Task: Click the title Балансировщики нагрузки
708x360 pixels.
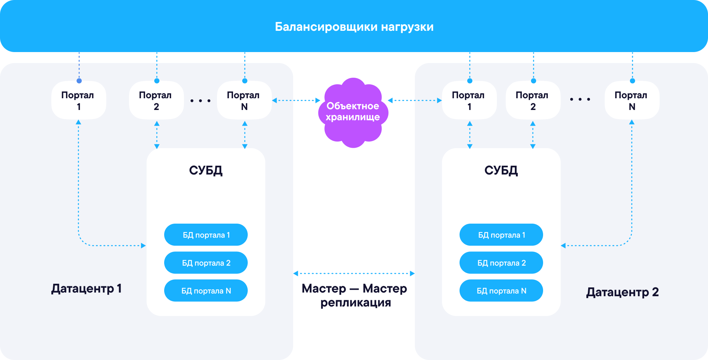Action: click(x=354, y=27)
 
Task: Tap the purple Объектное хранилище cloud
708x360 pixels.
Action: click(x=353, y=112)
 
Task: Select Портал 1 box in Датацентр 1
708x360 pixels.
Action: click(x=78, y=100)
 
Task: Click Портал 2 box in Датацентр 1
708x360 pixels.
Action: click(x=156, y=100)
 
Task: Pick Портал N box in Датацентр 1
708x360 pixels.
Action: click(x=244, y=100)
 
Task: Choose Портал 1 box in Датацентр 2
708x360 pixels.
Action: click(x=469, y=100)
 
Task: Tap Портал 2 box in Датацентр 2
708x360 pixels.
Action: click(x=533, y=100)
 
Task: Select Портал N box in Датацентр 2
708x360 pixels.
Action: click(x=632, y=100)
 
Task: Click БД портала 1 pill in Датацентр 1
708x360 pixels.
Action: click(x=206, y=235)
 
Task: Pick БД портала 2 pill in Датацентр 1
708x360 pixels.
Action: click(x=206, y=263)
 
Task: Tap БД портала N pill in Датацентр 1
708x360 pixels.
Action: click(x=206, y=291)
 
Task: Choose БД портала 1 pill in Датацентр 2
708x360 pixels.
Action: click(x=501, y=235)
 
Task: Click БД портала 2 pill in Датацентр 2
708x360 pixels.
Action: click(x=501, y=263)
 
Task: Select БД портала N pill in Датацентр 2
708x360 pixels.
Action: click(x=501, y=291)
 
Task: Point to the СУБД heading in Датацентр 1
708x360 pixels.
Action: click(x=206, y=170)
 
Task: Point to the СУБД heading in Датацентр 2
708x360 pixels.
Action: click(x=501, y=170)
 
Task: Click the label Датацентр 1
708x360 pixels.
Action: click(x=86, y=289)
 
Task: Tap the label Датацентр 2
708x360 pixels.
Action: click(x=622, y=292)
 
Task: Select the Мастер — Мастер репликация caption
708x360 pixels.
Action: click(x=354, y=295)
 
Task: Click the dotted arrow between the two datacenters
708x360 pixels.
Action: click(x=354, y=273)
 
